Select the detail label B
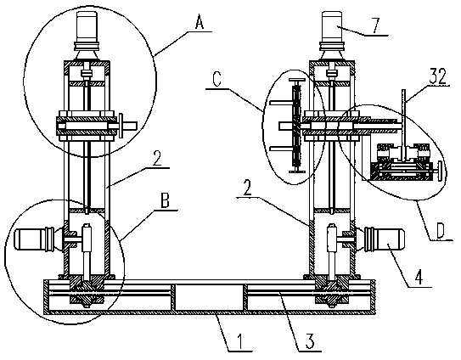coord(165,202)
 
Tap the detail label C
coord(216,80)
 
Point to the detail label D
coord(440,231)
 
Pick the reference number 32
coord(437,76)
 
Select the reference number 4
coord(419,277)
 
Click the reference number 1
coord(239,342)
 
